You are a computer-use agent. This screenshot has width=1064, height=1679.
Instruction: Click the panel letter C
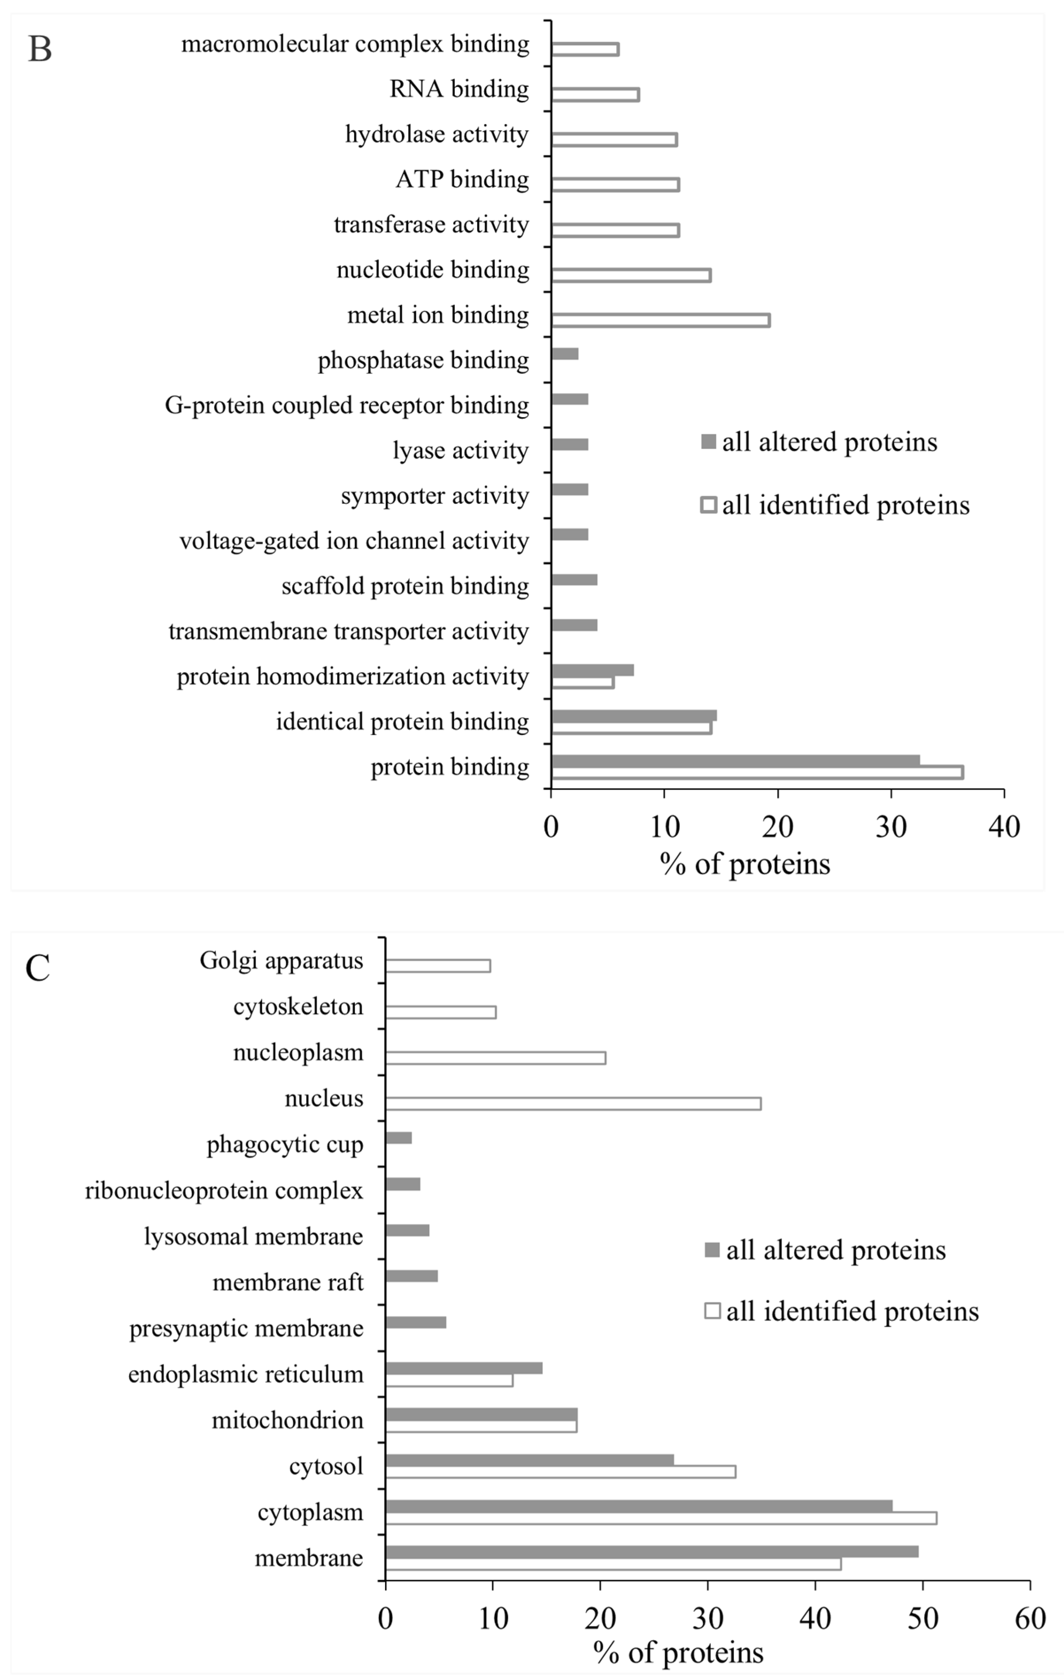click(38, 968)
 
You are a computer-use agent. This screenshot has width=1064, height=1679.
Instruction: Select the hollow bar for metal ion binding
click(660, 320)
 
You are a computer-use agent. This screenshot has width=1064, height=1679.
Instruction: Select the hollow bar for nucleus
click(573, 1104)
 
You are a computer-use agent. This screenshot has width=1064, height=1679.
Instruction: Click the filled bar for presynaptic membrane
click(416, 1323)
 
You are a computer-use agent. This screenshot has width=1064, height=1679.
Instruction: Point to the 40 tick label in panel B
click(1004, 827)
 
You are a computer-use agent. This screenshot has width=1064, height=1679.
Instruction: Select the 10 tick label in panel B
click(665, 827)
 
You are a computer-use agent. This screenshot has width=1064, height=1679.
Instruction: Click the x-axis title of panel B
click(745, 864)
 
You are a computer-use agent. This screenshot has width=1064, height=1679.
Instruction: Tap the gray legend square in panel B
click(708, 442)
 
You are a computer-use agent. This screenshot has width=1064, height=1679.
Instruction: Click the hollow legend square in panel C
click(712, 1312)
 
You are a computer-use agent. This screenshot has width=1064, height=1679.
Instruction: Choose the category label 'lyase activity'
click(460, 450)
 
